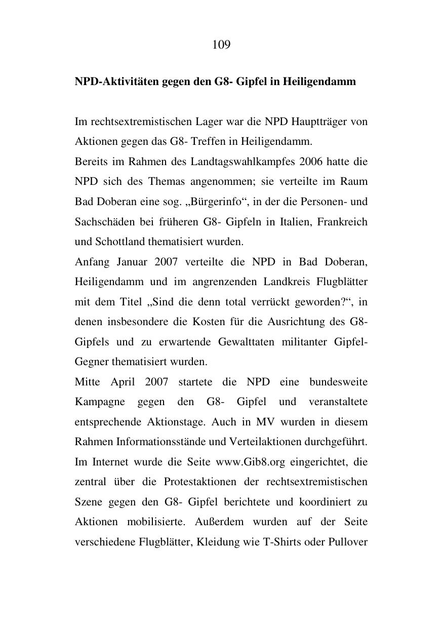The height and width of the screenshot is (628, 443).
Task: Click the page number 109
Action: click(221, 45)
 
